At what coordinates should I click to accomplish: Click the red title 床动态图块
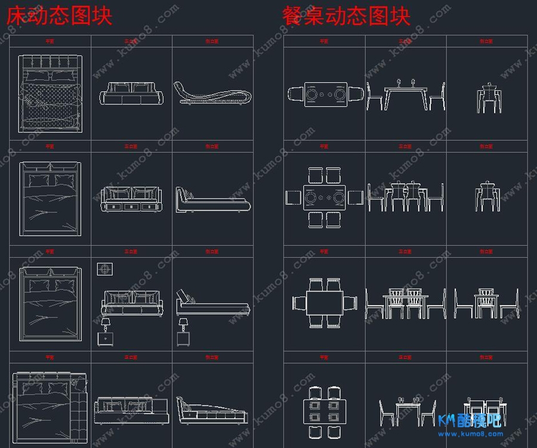tap(59, 16)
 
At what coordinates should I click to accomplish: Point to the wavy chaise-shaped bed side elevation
tap(212, 94)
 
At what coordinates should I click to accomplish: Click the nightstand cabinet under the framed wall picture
tap(106, 339)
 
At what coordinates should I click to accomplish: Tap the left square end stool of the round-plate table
tap(293, 197)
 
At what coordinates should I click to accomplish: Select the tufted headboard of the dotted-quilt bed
tap(50, 62)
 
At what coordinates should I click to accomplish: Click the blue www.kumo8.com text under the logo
tap(470, 433)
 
